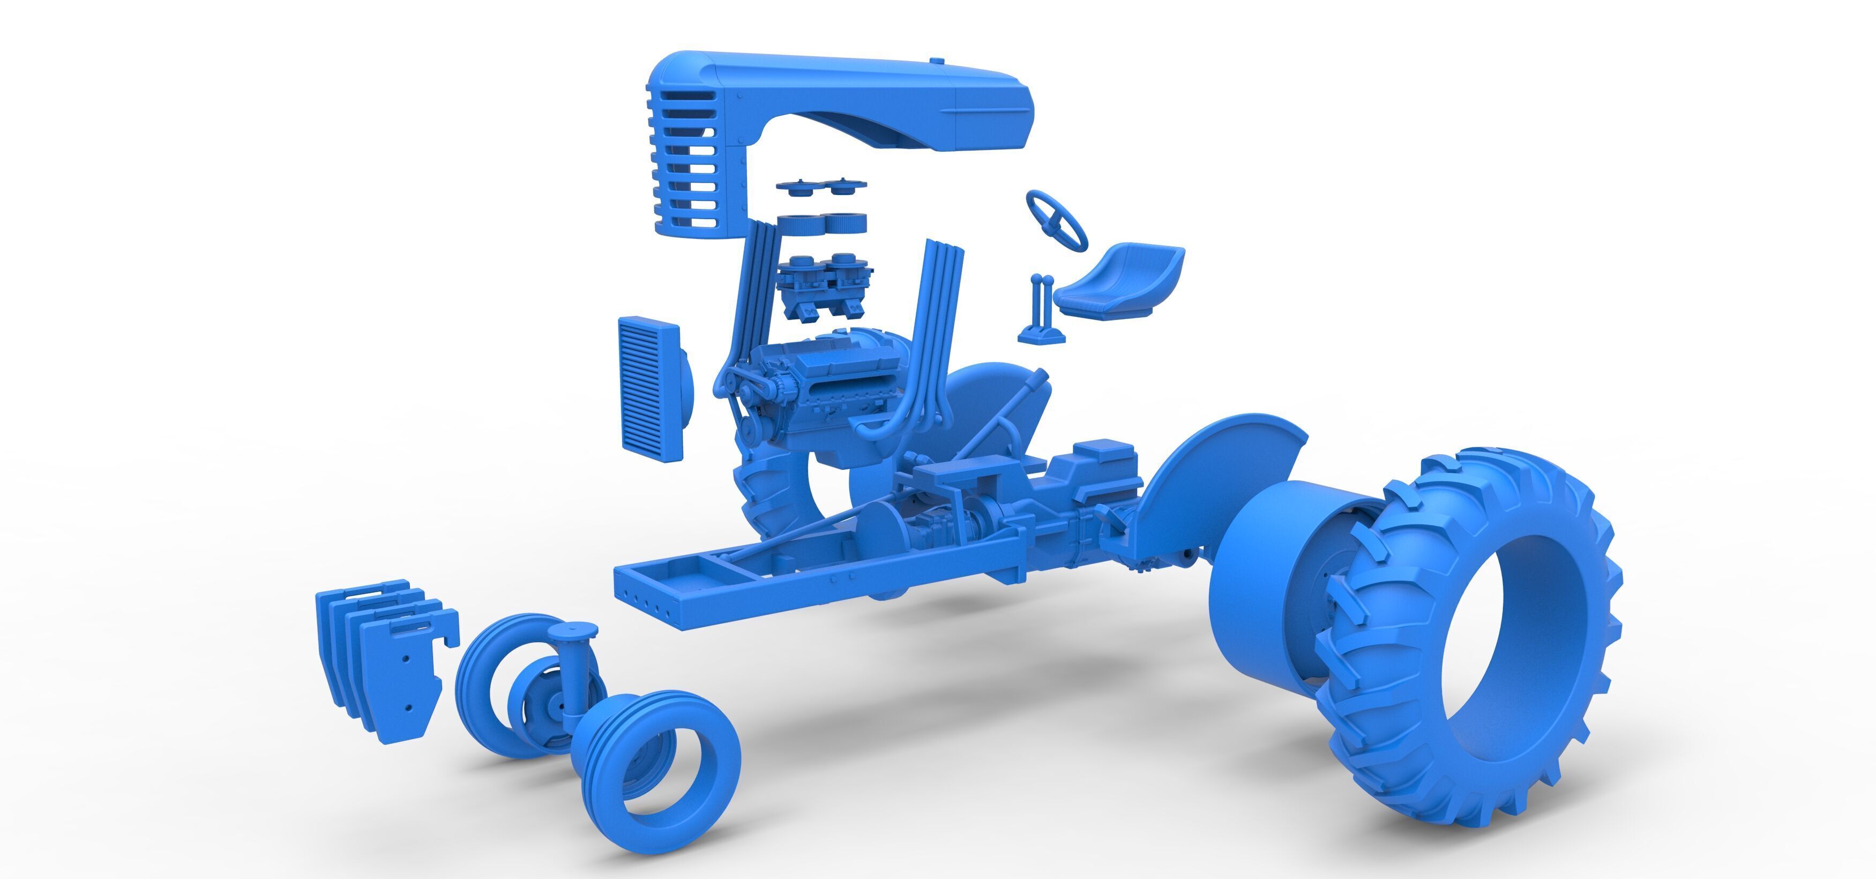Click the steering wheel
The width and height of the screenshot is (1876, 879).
pyautogui.click(x=1056, y=219)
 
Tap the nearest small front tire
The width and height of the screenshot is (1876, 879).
pyautogui.click(x=655, y=779)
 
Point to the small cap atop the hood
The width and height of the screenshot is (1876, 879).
pyautogui.click(x=939, y=61)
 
